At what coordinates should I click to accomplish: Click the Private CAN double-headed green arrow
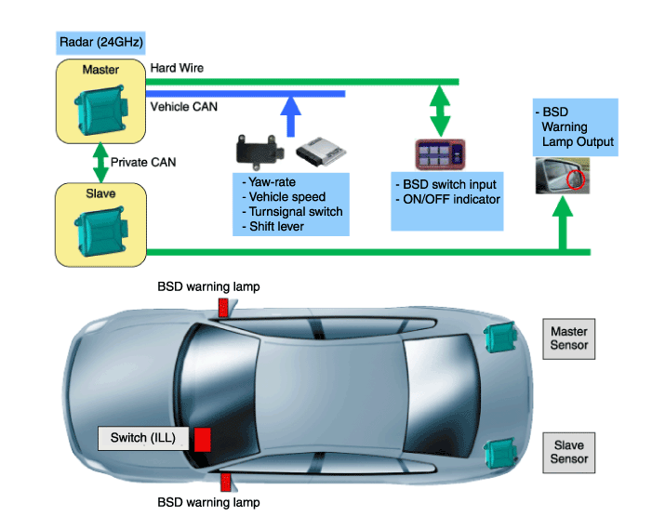[100, 161]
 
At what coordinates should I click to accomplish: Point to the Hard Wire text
[177, 68]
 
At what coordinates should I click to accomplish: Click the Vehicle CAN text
[184, 107]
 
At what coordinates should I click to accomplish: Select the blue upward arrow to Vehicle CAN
[292, 117]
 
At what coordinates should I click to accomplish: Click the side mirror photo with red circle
[561, 175]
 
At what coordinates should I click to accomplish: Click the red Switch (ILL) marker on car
[202, 438]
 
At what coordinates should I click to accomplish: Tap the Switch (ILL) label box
[144, 437]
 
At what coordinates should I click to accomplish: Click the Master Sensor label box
[569, 338]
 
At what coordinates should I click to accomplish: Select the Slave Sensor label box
[569, 452]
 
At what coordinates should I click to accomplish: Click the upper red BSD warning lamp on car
[222, 307]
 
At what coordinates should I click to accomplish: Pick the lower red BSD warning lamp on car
[223, 482]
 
